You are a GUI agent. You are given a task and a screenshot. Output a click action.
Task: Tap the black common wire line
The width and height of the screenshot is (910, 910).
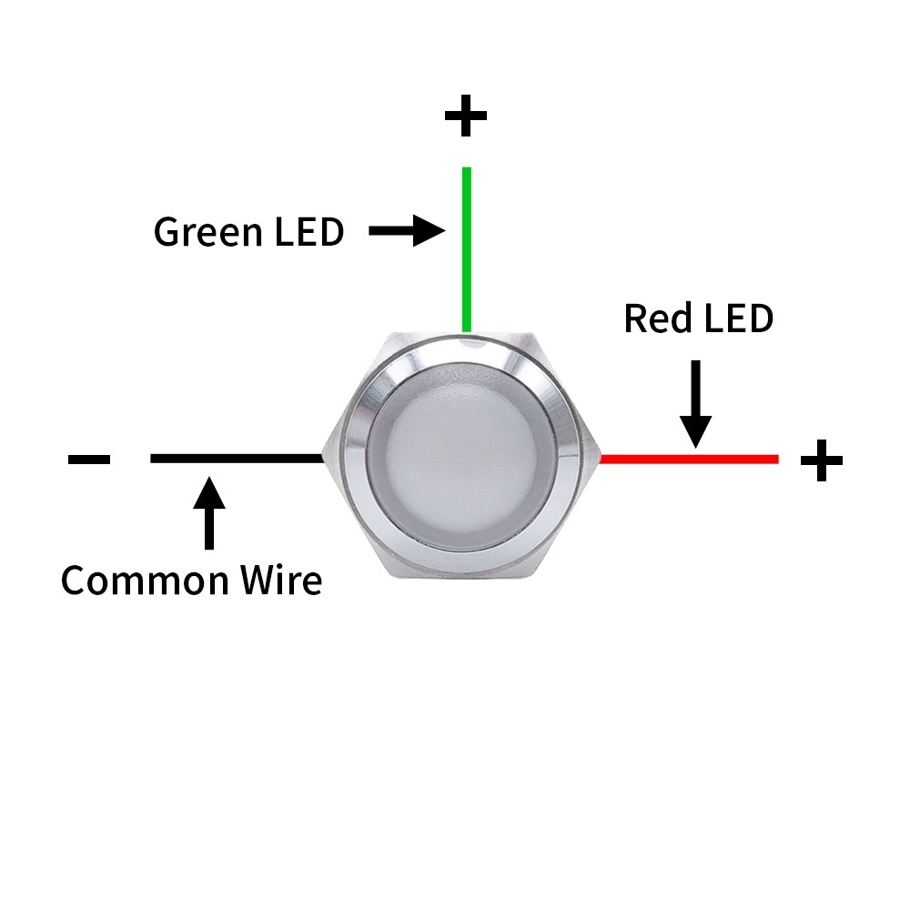tap(237, 458)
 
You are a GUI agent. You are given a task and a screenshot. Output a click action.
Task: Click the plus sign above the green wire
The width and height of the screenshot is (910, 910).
tap(466, 116)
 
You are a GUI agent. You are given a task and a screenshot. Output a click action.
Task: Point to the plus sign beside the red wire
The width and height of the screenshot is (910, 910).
tap(821, 460)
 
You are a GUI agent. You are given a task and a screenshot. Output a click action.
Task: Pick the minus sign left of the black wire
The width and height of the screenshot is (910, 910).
tap(89, 459)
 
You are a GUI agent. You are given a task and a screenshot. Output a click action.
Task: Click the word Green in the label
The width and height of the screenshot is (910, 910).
tap(207, 233)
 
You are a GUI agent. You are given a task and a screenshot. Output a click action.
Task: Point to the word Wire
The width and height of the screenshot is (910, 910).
tap(278, 580)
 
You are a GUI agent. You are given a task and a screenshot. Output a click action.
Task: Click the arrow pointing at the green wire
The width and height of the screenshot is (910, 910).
tap(406, 232)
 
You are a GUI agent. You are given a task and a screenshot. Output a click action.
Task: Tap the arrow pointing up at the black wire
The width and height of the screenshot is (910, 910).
tap(210, 514)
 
